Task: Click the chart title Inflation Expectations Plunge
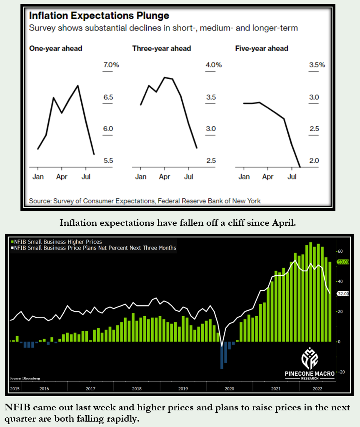(x=99, y=16)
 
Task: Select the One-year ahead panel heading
(x=55, y=48)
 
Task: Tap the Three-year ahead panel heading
(x=161, y=48)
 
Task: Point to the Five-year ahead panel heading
(x=262, y=48)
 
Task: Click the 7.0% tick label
(x=111, y=65)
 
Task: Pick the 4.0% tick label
(x=213, y=65)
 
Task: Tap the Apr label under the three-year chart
(x=165, y=177)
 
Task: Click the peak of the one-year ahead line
(x=78, y=85)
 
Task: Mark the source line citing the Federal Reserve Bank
(x=145, y=201)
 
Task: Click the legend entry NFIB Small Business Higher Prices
(x=57, y=242)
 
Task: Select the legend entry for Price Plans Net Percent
(x=95, y=248)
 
